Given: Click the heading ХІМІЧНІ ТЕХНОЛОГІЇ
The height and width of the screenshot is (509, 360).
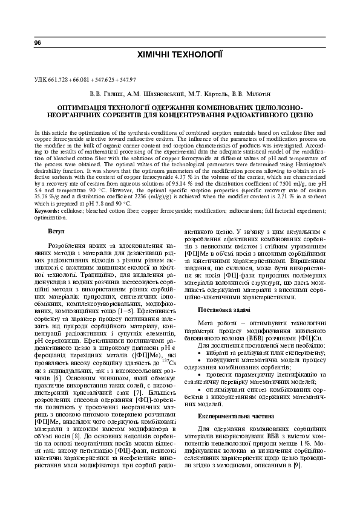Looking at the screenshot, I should tap(180, 55).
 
